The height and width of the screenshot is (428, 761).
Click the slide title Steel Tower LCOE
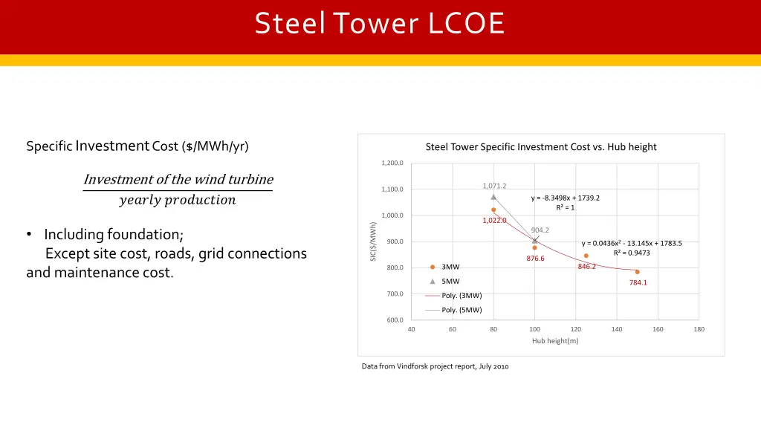380,24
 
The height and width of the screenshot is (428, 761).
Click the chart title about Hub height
541,146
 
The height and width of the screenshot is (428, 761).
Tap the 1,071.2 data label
494,186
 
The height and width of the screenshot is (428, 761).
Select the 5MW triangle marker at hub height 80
493,197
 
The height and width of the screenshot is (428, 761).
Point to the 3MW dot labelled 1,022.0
493,210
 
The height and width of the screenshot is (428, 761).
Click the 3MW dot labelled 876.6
534,247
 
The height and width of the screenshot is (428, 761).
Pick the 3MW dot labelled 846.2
586,256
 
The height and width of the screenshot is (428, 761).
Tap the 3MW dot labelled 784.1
637,272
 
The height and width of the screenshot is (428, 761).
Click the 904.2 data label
540,230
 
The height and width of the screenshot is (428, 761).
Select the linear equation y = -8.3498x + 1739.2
565,198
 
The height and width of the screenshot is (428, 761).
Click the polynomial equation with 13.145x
631,243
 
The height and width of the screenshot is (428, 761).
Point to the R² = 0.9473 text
631,253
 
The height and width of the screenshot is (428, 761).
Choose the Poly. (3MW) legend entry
462,295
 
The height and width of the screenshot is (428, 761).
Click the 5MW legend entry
450,281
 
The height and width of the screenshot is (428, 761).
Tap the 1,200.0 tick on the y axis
393,163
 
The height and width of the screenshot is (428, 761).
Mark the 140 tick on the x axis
617,329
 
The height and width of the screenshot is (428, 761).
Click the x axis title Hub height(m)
554,341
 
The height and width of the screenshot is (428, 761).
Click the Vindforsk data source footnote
435,366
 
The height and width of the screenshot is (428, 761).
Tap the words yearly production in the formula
177,200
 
